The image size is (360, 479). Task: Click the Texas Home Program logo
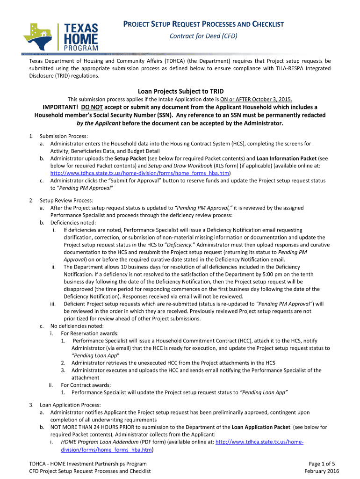pyautogui.click(x=61, y=36)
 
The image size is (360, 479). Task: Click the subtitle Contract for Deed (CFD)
pyautogui.click(x=203, y=36)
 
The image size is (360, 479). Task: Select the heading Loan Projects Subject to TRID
pyautogui.click(x=180, y=91)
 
